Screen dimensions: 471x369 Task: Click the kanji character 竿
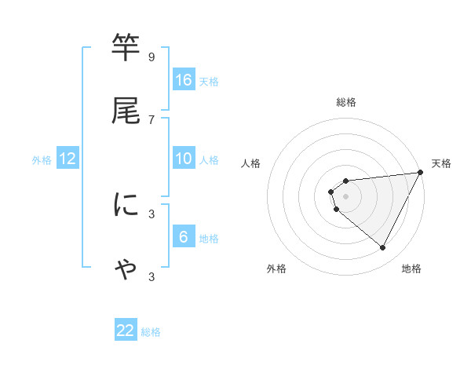(126, 48)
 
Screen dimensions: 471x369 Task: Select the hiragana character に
(126, 205)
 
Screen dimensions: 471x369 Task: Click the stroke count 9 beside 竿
(152, 57)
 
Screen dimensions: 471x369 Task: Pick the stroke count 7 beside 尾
(152, 119)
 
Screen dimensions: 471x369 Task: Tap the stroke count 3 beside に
(152, 214)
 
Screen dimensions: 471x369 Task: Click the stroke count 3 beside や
(152, 276)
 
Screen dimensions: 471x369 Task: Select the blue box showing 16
(184, 80)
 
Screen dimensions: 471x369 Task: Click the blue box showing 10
(184, 159)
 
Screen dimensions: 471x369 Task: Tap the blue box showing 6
(184, 237)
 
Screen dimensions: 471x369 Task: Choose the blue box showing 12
(68, 159)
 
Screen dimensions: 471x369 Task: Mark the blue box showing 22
(126, 331)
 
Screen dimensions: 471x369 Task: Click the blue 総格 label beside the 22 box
(151, 333)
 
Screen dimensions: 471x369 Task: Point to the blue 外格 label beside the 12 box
(42, 160)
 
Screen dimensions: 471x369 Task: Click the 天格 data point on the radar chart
(421, 173)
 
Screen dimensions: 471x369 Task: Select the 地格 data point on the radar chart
(383, 248)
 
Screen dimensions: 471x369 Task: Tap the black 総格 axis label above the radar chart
(345, 102)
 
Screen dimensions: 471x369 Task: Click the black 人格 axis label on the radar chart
(250, 163)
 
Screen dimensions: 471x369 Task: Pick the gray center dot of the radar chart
(345, 196)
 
